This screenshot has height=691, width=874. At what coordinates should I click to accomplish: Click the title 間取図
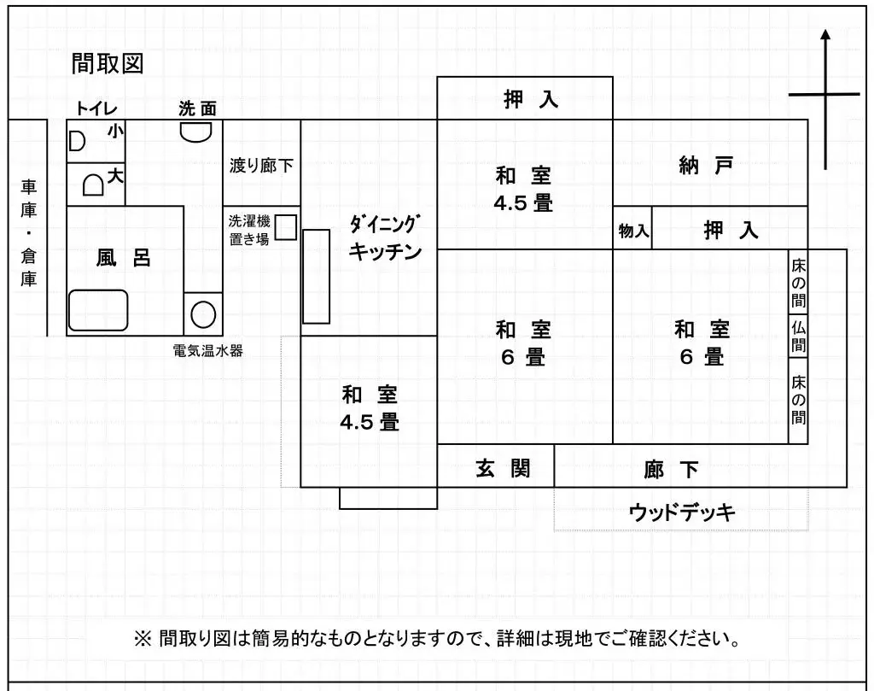(108, 63)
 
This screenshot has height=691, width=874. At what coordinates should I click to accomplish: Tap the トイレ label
(96, 108)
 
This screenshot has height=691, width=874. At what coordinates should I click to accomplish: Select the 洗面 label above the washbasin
(197, 108)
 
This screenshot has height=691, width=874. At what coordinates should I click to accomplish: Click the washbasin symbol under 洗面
(196, 131)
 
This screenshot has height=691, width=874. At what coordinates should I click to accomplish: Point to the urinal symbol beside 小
(77, 141)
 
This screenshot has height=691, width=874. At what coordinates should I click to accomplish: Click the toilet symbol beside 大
(93, 184)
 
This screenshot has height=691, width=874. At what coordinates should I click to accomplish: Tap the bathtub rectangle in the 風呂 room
(97, 311)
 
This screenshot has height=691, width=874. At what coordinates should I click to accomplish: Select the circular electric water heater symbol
(203, 314)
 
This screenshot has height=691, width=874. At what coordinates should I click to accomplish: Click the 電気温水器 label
(207, 349)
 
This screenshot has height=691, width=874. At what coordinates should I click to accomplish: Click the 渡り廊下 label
(260, 166)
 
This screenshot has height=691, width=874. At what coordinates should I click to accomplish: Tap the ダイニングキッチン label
(386, 238)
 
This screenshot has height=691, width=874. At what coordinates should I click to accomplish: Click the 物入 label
(633, 231)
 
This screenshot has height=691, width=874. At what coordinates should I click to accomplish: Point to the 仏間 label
(798, 336)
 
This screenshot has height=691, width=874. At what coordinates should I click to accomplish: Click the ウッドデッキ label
(682, 512)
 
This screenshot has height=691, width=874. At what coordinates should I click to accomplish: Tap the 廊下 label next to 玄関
(671, 469)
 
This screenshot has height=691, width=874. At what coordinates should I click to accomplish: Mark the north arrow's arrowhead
(825, 35)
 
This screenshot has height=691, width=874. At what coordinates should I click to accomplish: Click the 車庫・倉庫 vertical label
(29, 232)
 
